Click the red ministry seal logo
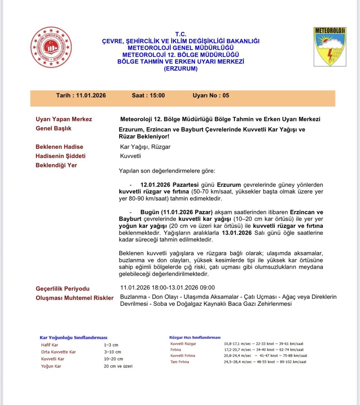point(51,47)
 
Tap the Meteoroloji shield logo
point(330,47)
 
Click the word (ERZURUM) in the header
point(181,69)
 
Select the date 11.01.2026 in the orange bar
point(91,95)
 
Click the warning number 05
point(226,95)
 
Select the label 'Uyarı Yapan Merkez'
point(64,119)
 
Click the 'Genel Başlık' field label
point(53,128)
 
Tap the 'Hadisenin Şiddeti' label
point(60,156)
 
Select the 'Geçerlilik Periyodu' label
point(62,289)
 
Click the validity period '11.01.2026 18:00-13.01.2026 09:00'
point(167,288)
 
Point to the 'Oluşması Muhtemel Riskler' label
point(74,298)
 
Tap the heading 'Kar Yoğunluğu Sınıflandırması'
point(74,338)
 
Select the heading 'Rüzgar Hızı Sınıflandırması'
point(195,338)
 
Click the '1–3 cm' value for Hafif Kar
point(111,345)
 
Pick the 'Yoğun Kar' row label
point(51,366)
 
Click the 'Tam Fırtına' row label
point(180,362)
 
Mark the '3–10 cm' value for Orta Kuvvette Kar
point(112,352)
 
